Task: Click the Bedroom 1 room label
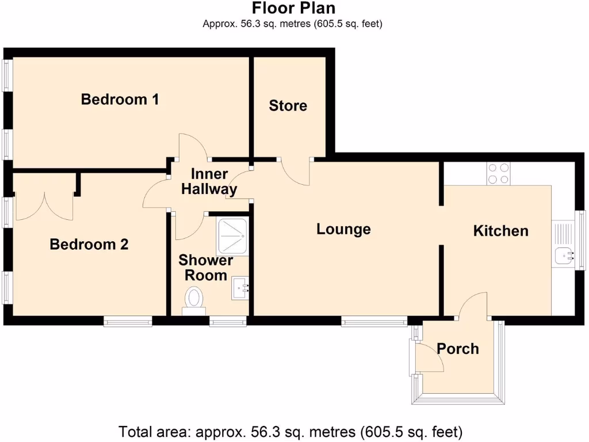[x=120, y=100]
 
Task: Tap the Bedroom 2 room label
[x=89, y=245]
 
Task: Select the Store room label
[x=288, y=106]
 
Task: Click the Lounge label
[x=343, y=229]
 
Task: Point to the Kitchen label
[x=500, y=231]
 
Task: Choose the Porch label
[x=457, y=349]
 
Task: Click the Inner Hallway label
[x=209, y=182]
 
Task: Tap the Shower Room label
[x=205, y=268]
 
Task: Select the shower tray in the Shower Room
[x=232, y=237]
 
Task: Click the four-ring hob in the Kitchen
[x=498, y=173]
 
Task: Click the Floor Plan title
[x=293, y=9]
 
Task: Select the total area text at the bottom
[x=290, y=431]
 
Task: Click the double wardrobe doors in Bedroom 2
[x=45, y=207]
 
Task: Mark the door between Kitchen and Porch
[x=473, y=305]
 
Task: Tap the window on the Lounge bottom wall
[x=374, y=321]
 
